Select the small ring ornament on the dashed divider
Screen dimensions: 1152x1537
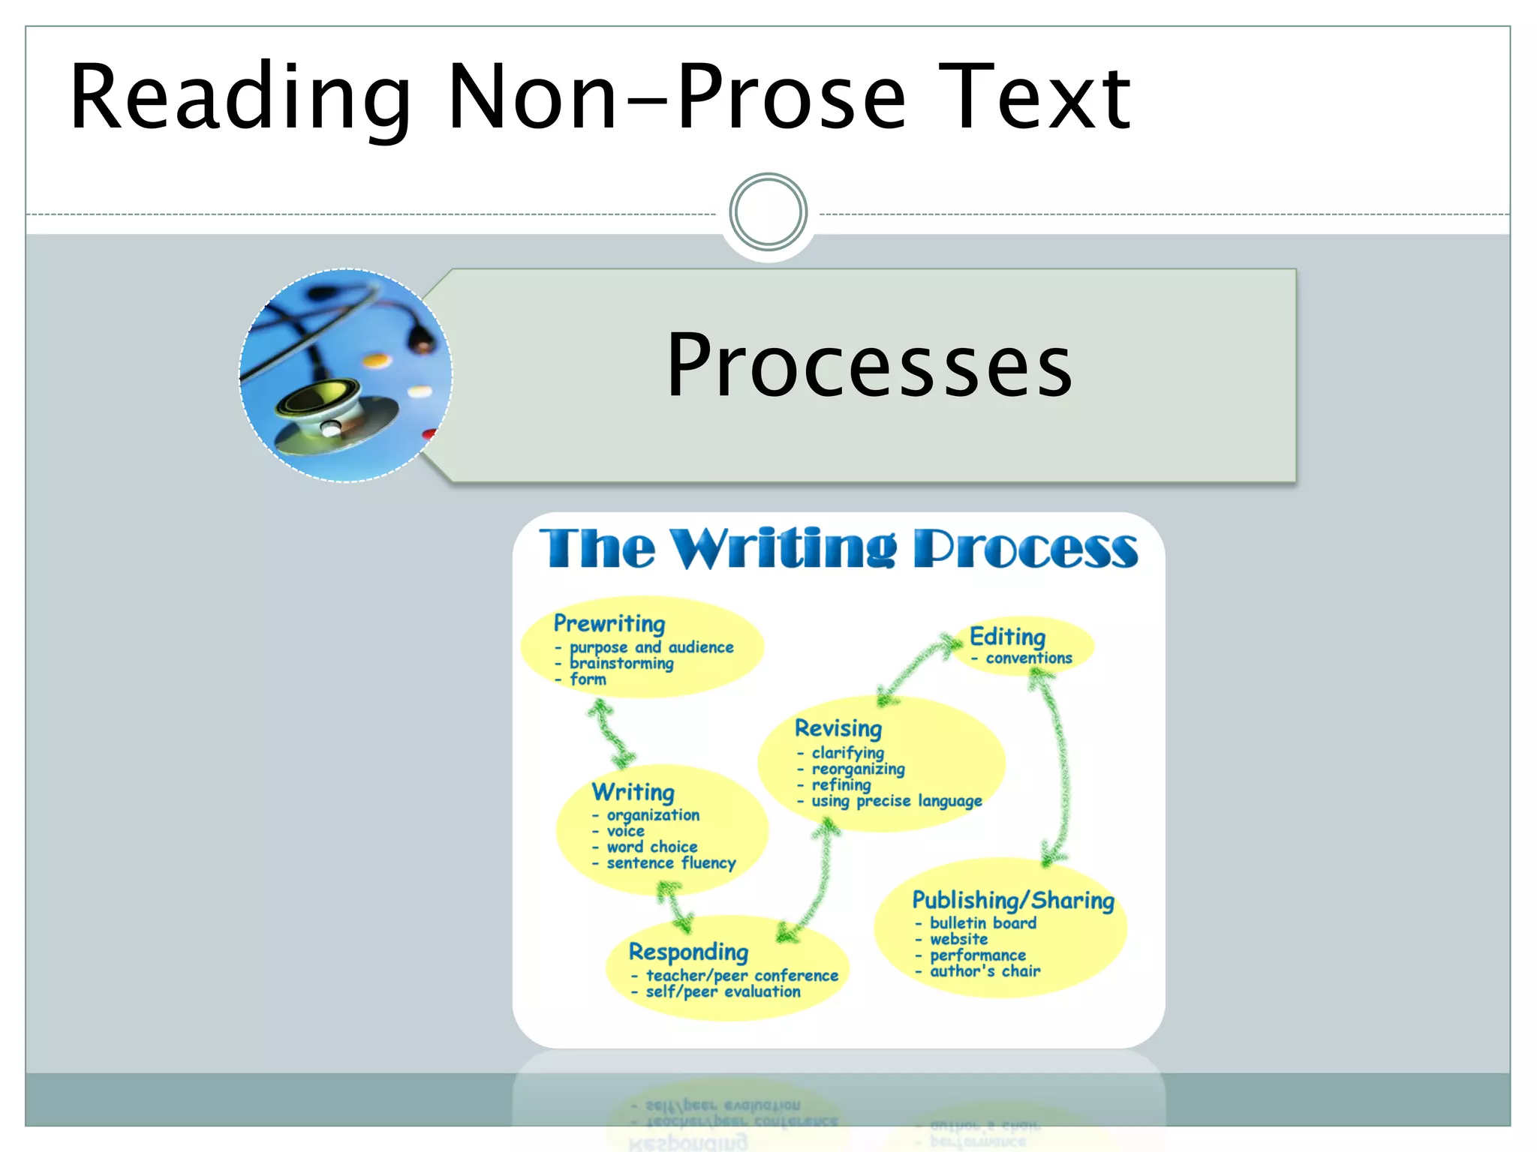click(x=768, y=212)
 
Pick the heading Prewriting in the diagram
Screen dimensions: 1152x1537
click(x=609, y=623)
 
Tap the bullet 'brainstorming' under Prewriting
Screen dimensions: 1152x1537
click(x=621, y=664)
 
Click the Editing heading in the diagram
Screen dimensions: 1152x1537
click(x=1007, y=637)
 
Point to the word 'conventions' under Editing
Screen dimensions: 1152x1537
click(x=1028, y=658)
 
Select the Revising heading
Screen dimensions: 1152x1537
click(x=838, y=728)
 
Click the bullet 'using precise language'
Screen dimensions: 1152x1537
click(x=896, y=801)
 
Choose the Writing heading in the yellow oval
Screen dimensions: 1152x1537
click(x=633, y=792)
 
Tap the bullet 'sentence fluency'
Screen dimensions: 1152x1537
click(x=671, y=863)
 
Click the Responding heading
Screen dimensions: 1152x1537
click(x=688, y=952)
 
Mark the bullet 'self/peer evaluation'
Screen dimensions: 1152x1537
click(x=723, y=991)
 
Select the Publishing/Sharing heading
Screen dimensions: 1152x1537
click(x=1013, y=900)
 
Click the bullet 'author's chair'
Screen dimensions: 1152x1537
click(x=985, y=971)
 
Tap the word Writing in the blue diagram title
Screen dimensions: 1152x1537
click(x=784, y=548)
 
